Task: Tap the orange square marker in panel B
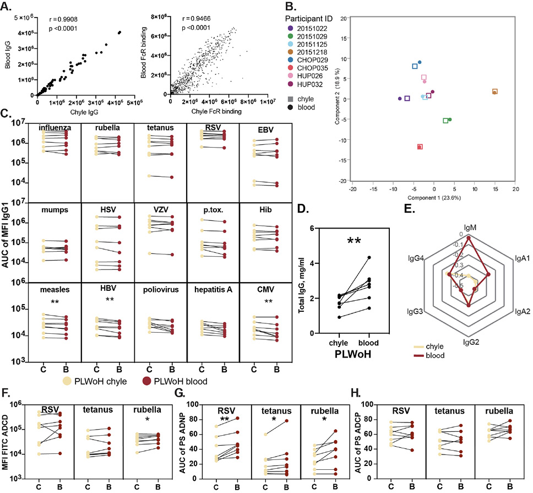click(494, 91)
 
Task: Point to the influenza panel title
click(57, 129)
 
